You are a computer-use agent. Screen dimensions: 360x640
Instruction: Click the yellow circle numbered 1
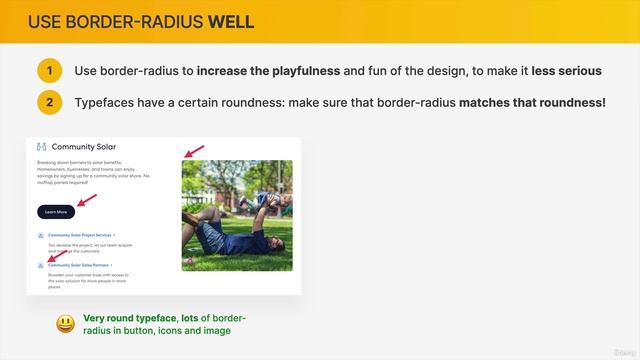50,71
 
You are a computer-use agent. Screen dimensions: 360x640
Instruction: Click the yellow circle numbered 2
50,102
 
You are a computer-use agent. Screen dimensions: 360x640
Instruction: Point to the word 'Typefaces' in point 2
107,102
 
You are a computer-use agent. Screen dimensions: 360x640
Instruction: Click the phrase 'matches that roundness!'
532,102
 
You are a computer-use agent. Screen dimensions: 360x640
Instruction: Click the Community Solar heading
84,146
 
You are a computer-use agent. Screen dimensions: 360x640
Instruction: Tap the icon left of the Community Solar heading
41,146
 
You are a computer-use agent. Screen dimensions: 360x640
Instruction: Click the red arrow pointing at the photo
193,151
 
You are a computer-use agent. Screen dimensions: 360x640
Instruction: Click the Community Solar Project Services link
80,235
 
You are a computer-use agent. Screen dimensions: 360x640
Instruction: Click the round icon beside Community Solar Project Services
40,236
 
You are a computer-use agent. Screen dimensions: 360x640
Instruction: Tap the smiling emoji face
65,323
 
